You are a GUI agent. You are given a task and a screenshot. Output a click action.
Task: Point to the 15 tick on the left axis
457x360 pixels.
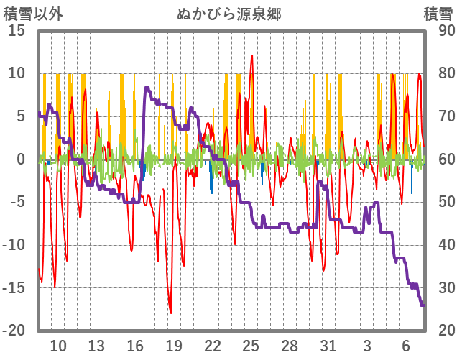(17, 31)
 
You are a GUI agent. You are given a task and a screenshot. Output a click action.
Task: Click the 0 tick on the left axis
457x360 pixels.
(21, 160)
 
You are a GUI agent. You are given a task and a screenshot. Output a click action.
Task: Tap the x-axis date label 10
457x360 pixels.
(57, 346)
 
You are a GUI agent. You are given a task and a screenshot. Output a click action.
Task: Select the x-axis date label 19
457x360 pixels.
(174, 346)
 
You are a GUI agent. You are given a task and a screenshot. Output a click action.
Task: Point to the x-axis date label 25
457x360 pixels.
(251, 346)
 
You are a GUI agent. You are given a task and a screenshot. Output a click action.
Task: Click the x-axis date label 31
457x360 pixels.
(328, 346)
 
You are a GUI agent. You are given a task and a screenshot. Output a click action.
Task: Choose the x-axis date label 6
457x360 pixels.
(405, 346)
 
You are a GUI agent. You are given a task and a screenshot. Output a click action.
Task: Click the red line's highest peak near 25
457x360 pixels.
(251, 55)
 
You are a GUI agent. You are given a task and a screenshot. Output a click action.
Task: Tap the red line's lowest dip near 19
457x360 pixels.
(170, 313)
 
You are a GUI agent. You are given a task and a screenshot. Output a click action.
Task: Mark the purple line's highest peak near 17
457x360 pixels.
(147, 87)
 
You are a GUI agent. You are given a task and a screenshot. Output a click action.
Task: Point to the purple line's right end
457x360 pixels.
(424, 305)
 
